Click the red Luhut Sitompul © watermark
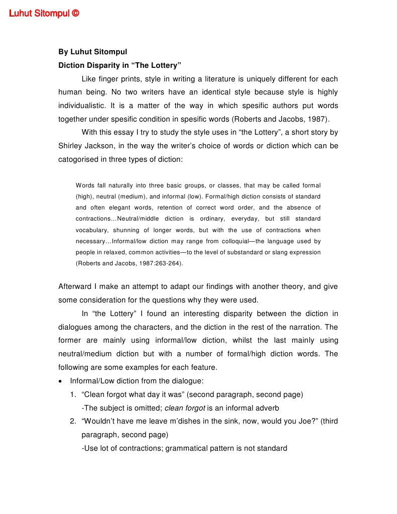(44, 14)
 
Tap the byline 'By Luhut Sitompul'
(93, 52)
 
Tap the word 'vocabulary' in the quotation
(91, 230)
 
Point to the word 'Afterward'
(75, 287)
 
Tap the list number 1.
(73, 394)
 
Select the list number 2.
(73, 421)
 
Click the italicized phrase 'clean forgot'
(185, 408)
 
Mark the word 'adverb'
(267, 408)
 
